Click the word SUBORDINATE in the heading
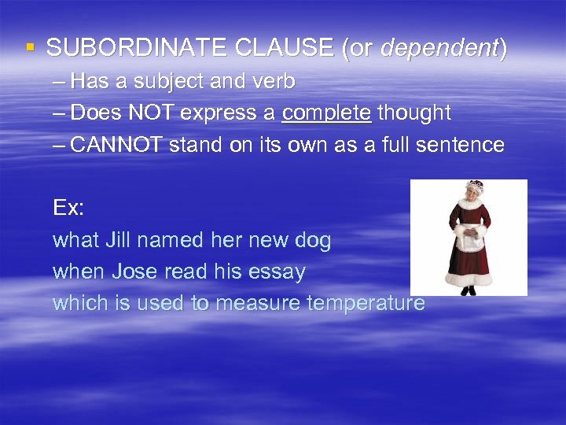click(x=121, y=49)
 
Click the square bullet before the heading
click(x=31, y=47)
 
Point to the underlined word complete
click(x=326, y=113)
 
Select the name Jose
click(x=135, y=272)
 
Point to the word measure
click(x=255, y=304)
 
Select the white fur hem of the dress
click(x=469, y=275)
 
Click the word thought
click(x=414, y=113)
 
